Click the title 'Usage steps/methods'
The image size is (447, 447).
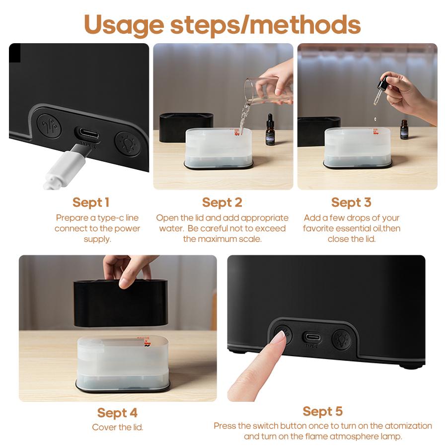pyautogui.click(x=222, y=24)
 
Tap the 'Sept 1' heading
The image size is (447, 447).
pyautogui.click(x=90, y=203)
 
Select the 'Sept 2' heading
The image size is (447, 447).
pyautogui.click(x=222, y=203)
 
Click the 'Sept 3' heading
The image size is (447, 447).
pyautogui.click(x=351, y=203)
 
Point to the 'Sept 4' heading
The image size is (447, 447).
pyautogui.click(x=117, y=413)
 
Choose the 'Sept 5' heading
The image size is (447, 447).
pyautogui.click(x=322, y=412)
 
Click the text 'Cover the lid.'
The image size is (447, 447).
pyautogui.click(x=117, y=427)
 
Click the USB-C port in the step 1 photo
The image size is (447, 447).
pyautogui.click(x=88, y=135)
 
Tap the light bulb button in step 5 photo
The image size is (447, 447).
pyautogui.click(x=342, y=339)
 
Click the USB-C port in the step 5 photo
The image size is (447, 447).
pyautogui.click(x=311, y=336)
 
